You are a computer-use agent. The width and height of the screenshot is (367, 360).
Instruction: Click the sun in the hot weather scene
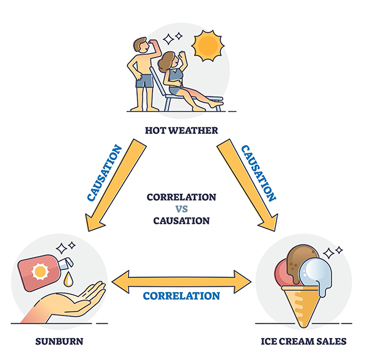(207, 46)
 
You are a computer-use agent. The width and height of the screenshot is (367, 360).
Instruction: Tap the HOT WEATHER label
(182, 131)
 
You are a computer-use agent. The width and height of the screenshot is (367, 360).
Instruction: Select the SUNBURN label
(59, 342)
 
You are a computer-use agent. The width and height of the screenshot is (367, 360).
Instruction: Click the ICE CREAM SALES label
(303, 341)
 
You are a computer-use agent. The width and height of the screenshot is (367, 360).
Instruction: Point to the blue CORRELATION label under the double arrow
(182, 296)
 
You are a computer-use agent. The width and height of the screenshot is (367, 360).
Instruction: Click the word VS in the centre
(182, 209)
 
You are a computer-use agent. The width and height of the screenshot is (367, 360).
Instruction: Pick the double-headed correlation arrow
(182, 282)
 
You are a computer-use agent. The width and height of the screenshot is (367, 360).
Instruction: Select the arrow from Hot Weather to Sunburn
(116, 185)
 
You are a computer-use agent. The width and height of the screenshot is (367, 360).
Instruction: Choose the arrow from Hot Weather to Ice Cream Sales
(248, 185)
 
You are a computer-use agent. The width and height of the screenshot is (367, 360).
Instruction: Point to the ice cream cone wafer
(301, 305)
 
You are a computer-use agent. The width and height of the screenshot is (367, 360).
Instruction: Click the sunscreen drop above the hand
(68, 279)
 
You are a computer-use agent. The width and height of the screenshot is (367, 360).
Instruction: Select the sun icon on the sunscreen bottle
(40, 271)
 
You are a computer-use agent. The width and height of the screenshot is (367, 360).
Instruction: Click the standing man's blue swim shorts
(144, 81)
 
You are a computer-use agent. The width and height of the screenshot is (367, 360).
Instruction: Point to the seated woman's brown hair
(166, 62)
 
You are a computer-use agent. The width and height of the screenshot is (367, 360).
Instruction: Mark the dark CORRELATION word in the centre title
(182, 197)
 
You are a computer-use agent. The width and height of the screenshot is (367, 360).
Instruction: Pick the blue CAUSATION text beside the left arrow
(105, 173)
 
